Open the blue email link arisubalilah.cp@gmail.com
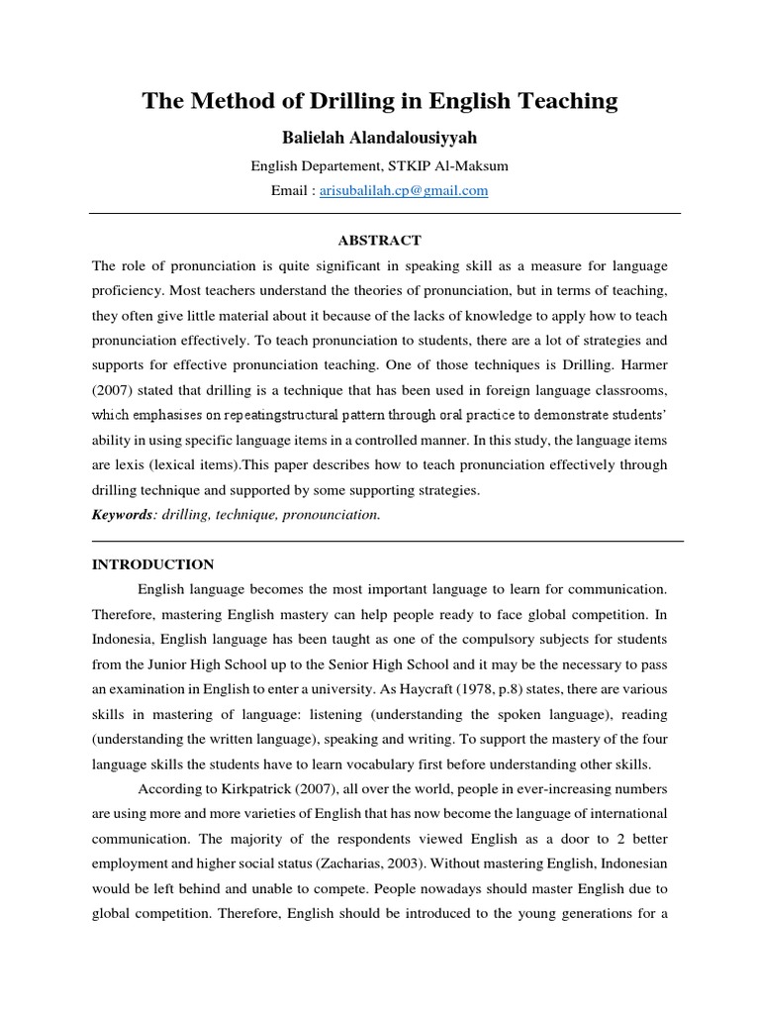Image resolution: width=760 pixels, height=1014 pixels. click(404, 191)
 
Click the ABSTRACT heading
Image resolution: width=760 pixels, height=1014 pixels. click(380, 241)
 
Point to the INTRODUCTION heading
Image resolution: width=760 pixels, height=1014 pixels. click(152, 564)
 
